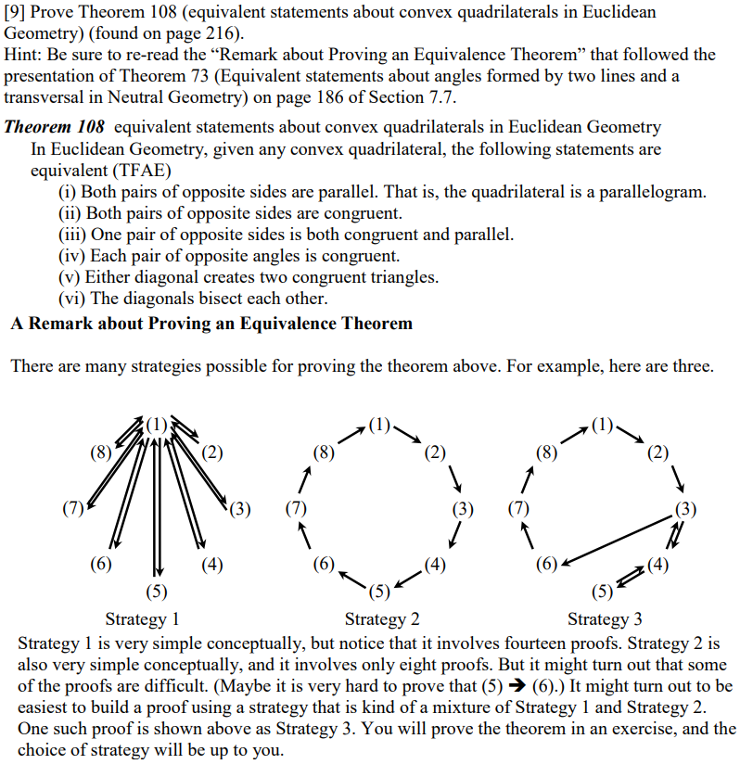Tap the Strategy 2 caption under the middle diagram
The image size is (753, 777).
382,618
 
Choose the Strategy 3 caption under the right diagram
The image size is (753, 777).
605,618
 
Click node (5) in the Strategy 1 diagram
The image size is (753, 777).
158,591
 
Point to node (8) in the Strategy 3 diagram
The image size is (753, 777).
548,453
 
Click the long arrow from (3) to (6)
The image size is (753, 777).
617,537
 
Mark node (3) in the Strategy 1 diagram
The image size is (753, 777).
240,508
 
